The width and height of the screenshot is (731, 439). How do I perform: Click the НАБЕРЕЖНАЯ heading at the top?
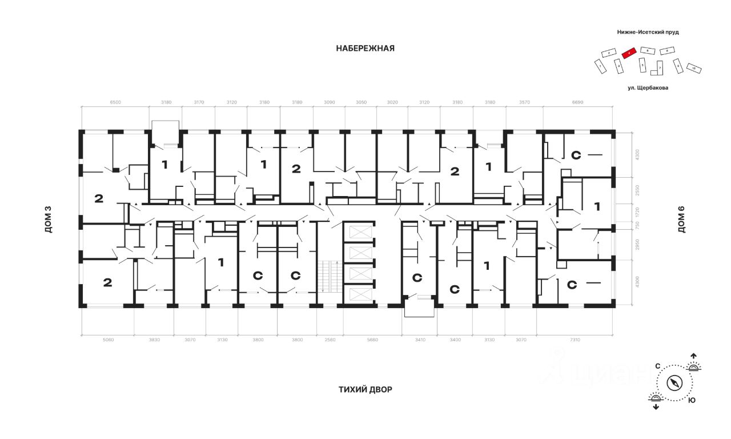365,49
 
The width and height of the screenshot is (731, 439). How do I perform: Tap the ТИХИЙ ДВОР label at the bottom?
365,390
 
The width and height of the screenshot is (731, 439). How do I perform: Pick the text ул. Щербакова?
648,88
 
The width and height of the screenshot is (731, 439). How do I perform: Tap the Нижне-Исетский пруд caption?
648,33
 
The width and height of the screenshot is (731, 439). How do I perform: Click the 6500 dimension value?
115,103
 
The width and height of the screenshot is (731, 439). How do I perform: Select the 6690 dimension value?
578,103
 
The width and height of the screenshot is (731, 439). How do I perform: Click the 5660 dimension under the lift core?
372,340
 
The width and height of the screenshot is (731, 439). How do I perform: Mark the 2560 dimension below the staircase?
330,340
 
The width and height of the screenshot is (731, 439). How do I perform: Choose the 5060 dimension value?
109,340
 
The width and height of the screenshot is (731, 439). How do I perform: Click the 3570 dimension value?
524,103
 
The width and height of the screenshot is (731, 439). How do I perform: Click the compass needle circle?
675,382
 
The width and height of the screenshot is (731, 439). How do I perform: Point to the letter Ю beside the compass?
692,400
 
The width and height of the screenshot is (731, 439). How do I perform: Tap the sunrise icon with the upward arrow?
694,364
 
